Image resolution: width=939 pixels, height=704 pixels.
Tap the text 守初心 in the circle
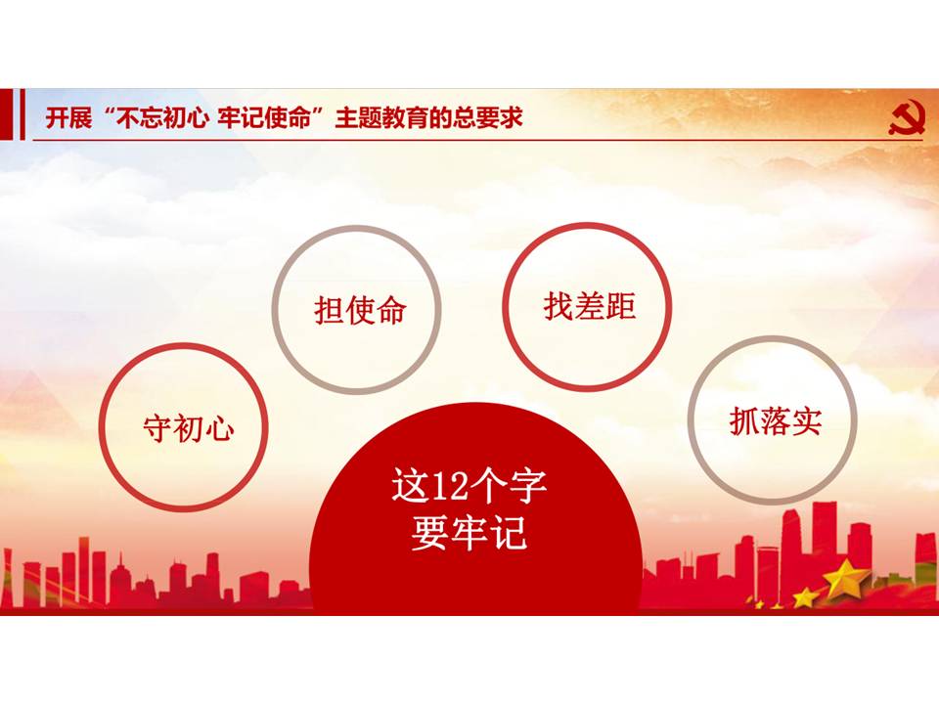[x=188, y=428]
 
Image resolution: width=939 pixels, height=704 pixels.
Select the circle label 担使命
[x=360, y=311]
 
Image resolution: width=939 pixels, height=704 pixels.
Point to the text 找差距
[x=590, y=306]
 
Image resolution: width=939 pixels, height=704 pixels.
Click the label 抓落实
[x=776, y=420]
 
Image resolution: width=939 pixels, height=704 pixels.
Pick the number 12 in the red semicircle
[x=449, y=486]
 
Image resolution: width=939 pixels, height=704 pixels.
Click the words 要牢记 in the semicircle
[x=469, y=533]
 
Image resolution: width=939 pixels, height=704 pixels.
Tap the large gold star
[x=845, y=579]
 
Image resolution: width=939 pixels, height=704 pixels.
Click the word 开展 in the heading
[x=68, y=118]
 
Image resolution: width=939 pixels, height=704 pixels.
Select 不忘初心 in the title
[x=161, y=118]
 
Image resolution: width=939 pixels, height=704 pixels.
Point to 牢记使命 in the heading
[x=264, y=118]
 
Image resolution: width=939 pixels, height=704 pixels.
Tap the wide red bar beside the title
[x=5, y=114]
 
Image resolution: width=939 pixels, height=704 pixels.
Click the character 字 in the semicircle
[x=527, y=486]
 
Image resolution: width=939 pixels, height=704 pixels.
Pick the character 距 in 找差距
[x=621, y=306]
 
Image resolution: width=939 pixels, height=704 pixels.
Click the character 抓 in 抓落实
[x=744, y=420]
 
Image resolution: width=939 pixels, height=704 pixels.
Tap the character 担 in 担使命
[x=329, y=311]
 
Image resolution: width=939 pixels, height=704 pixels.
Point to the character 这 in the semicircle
[x=410, y=486]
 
